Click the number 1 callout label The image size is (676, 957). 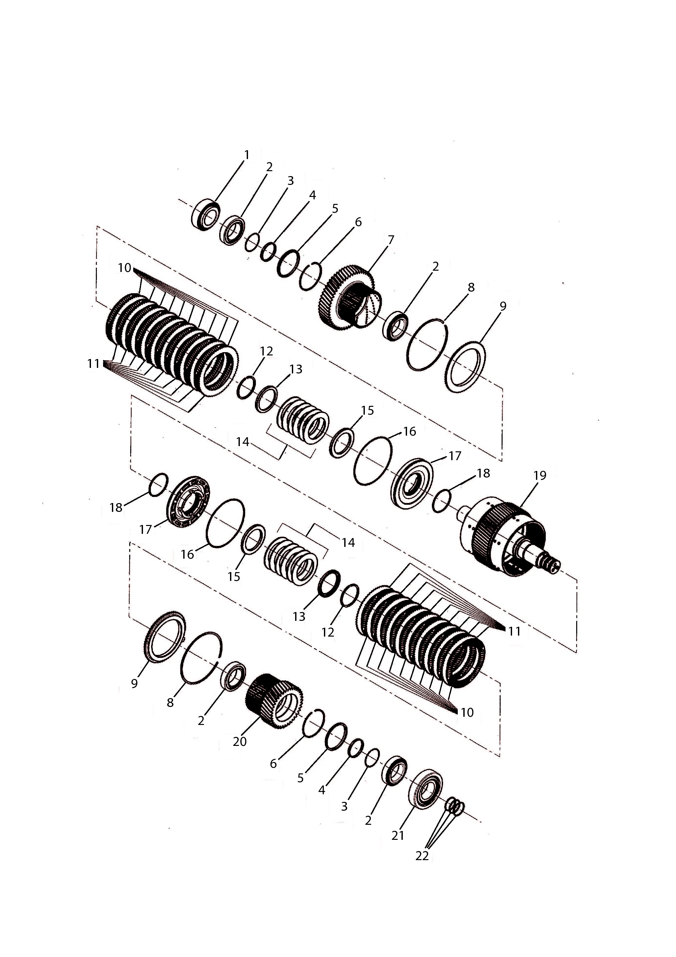tap(246, 155)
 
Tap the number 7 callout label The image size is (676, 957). tap(391, 240)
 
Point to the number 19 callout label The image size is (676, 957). tap(540, 475)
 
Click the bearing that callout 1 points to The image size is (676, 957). tap(206, 215)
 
